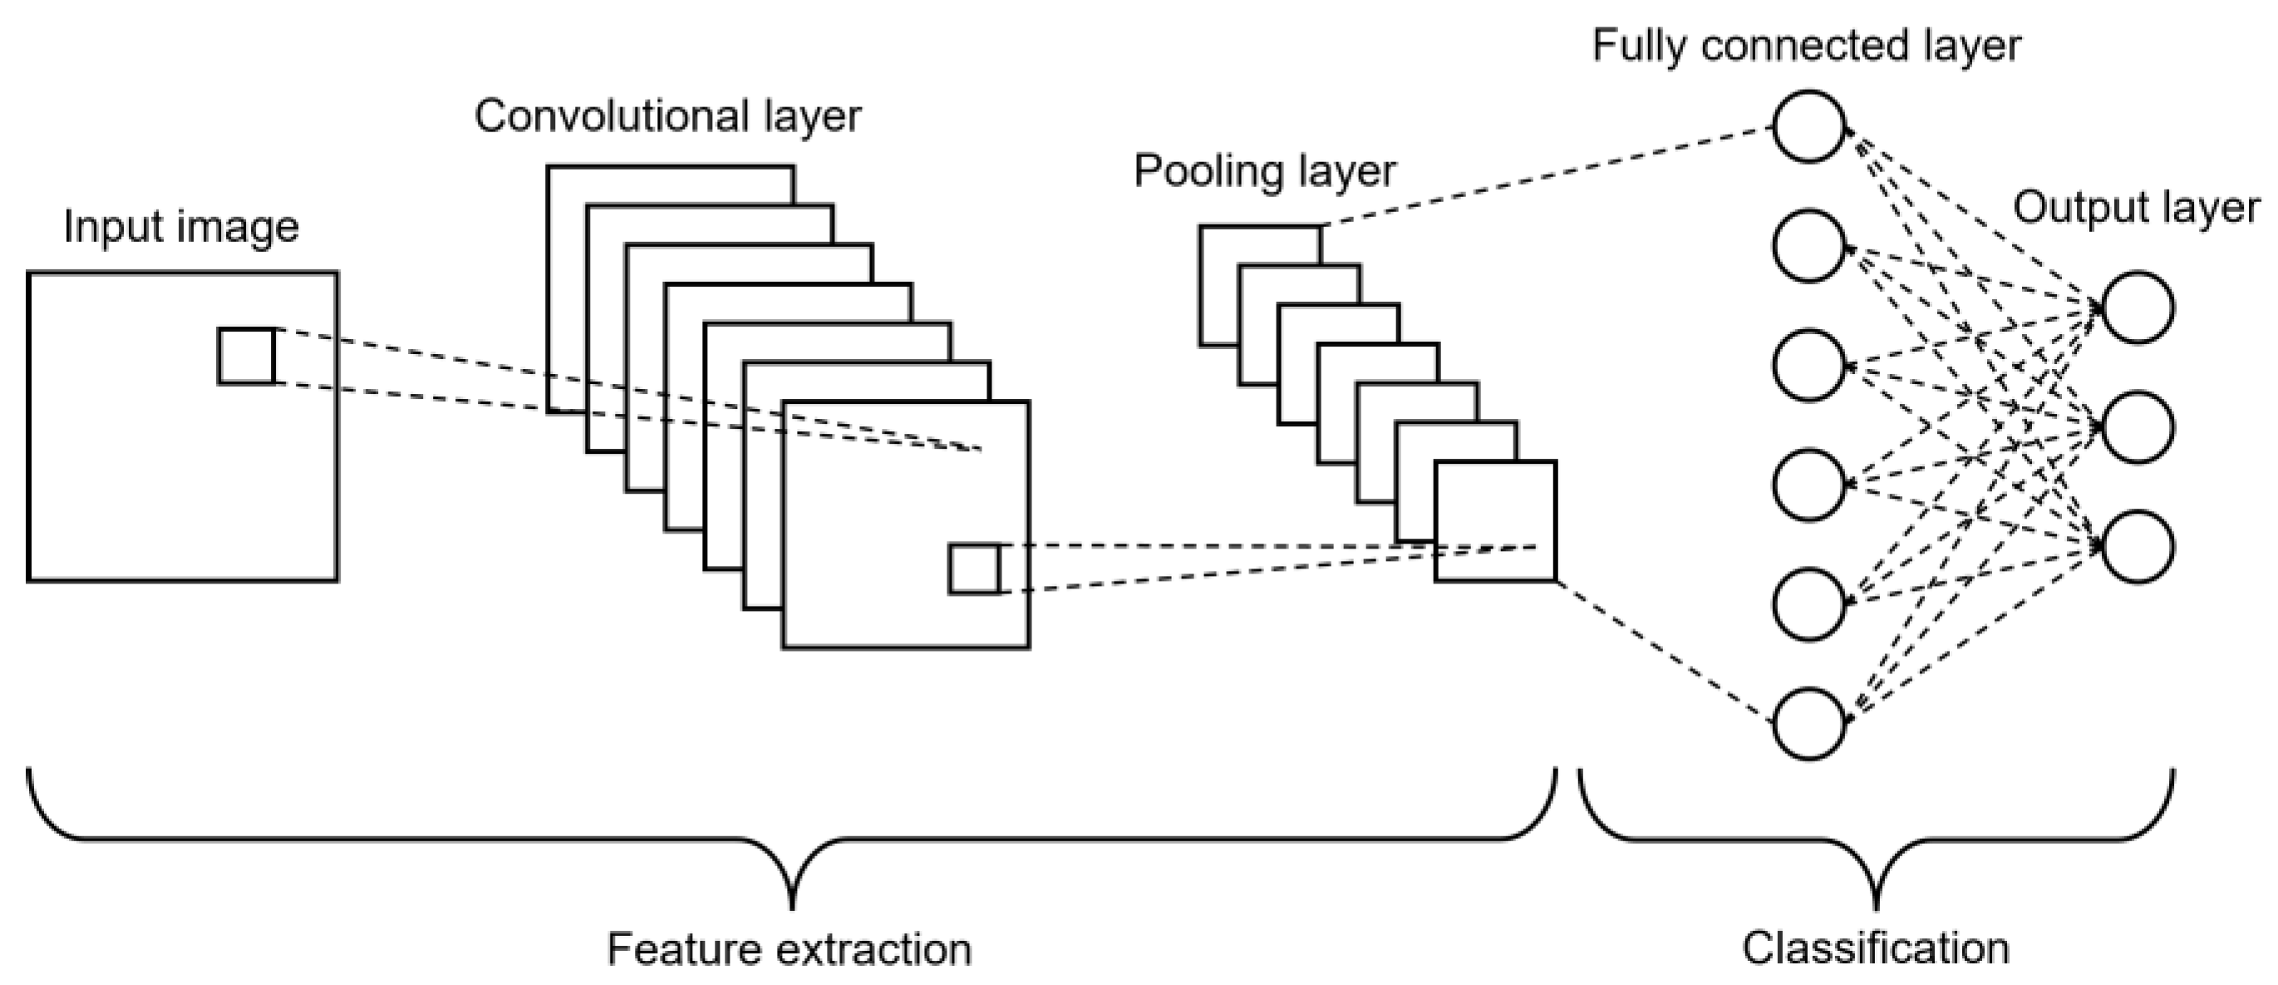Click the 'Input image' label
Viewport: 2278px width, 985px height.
[x=181, y=227]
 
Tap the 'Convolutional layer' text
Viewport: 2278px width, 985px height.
[x=667, y=116]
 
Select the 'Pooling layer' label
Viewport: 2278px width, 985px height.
[x=1265, y=170]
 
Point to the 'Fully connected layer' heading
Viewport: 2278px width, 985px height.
[x=1806, y=46]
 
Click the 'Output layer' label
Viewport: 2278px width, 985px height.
[x=2136, y=208]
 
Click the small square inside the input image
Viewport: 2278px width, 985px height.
[x=246, y=357]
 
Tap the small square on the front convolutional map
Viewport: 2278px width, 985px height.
[x=974, y=569]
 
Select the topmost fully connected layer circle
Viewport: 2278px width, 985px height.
[x=1808, y=126]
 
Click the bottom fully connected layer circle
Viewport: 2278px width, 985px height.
[x=1808, y=724]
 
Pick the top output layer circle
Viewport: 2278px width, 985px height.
[x=2138, y=308]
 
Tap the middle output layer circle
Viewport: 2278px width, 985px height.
[x=2138, y=427]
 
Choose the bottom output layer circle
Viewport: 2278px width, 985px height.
[x=2138, y=546]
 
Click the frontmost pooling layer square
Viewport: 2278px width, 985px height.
[x=1494, y=521]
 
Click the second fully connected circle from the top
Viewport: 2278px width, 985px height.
[x=1808, y=246]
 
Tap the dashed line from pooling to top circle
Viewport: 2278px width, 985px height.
[x=1547, y=176]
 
